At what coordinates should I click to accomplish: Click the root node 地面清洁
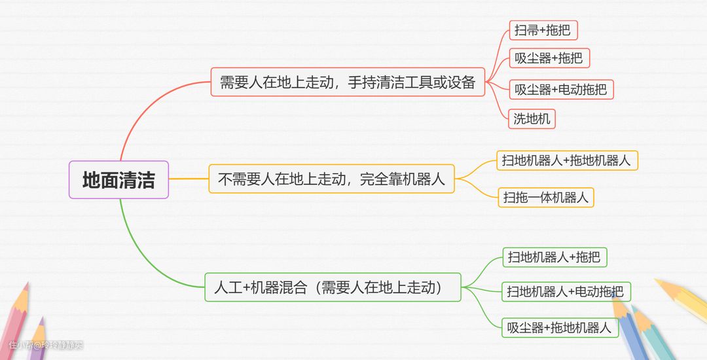point(118,179)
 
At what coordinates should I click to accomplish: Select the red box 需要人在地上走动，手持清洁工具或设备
point(348,82)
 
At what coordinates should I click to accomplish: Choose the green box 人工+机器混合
point(333,287)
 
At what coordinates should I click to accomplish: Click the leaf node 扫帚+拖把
point(543,29)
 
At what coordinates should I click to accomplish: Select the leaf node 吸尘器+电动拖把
point(560,89)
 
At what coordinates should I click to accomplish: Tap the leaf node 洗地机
point(532,118)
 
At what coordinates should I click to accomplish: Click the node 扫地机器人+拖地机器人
point(566,160)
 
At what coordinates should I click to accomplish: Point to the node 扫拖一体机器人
point(546,197)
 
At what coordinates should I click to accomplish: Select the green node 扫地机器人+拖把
point(554,257)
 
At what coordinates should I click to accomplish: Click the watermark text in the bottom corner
point(46,344)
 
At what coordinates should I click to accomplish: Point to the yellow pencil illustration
point(681,298)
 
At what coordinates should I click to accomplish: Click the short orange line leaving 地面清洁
point(189,179)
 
